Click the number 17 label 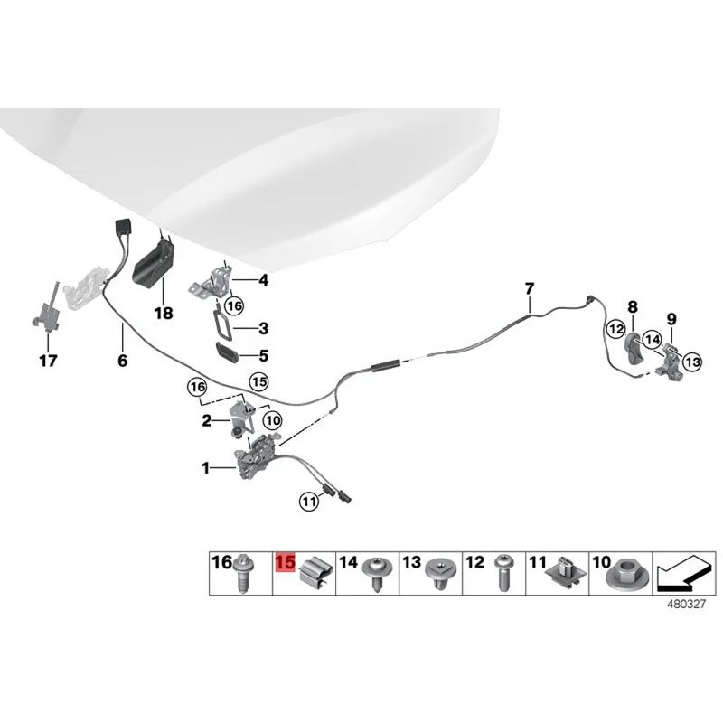click(47, 361)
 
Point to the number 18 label click(163, 314)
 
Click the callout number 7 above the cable click(531, 288)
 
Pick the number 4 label click(263, 281)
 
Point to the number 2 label click(207, 420)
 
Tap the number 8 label click(633, 307)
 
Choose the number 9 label click(671, 318)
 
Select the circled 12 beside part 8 click(616, 330)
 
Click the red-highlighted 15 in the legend click(285, 562)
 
